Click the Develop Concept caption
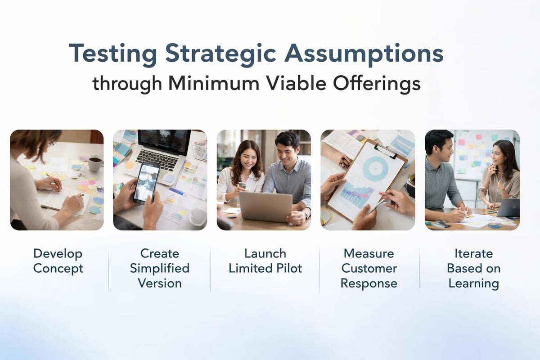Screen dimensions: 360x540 [x=58, y=261]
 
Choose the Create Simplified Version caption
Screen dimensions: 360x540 [x=160, y=268]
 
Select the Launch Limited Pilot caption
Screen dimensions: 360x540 [x=265, y=261]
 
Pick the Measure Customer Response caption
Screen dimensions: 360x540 [x=369, y=268]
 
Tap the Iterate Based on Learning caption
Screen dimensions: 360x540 [x=473, y=268]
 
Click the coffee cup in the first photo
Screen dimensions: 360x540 [x=94, y=163]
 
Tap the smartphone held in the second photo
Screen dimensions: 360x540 [x=146, y=182]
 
